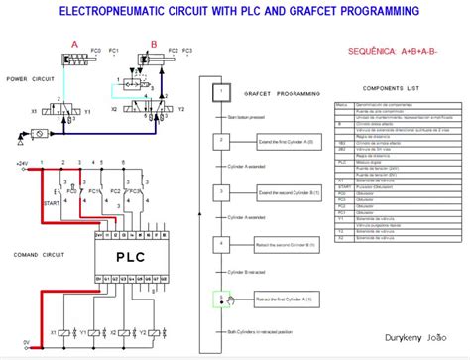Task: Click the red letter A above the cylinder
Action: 73,42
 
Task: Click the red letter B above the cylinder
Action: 153,42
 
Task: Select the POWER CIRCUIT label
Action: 29,78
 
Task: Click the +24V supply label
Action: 21,162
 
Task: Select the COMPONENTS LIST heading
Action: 394,88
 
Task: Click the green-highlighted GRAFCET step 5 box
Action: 221,297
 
